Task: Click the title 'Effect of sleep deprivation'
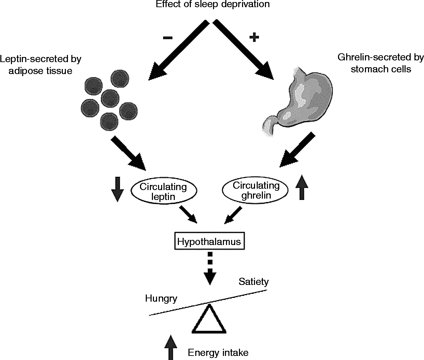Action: click(x=213, y=4)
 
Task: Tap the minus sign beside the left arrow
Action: click(x=168, y=38)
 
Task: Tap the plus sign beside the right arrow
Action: click(x=254, y=37)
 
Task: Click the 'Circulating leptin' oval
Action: click(x=164, y=191)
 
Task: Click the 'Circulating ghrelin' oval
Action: click(x=255, y=190)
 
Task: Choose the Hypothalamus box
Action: click(x=209, y=241)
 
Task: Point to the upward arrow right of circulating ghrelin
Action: click(x=302, y=187)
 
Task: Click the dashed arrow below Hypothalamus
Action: click(x=210, y=268)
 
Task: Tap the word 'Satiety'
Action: click(x=254, y=282)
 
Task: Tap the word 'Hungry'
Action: click(x=161, y=299)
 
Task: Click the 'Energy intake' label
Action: click(x=218, y=352)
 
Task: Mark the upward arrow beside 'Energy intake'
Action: click(x=171, y=348)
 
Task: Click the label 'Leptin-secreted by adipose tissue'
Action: click(x=41, y=65)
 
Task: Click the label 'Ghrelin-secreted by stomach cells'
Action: click(x=381, y=63)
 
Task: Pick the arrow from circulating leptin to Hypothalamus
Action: click(x=188, y=214)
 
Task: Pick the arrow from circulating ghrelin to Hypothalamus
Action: click(x=233, y=215)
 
